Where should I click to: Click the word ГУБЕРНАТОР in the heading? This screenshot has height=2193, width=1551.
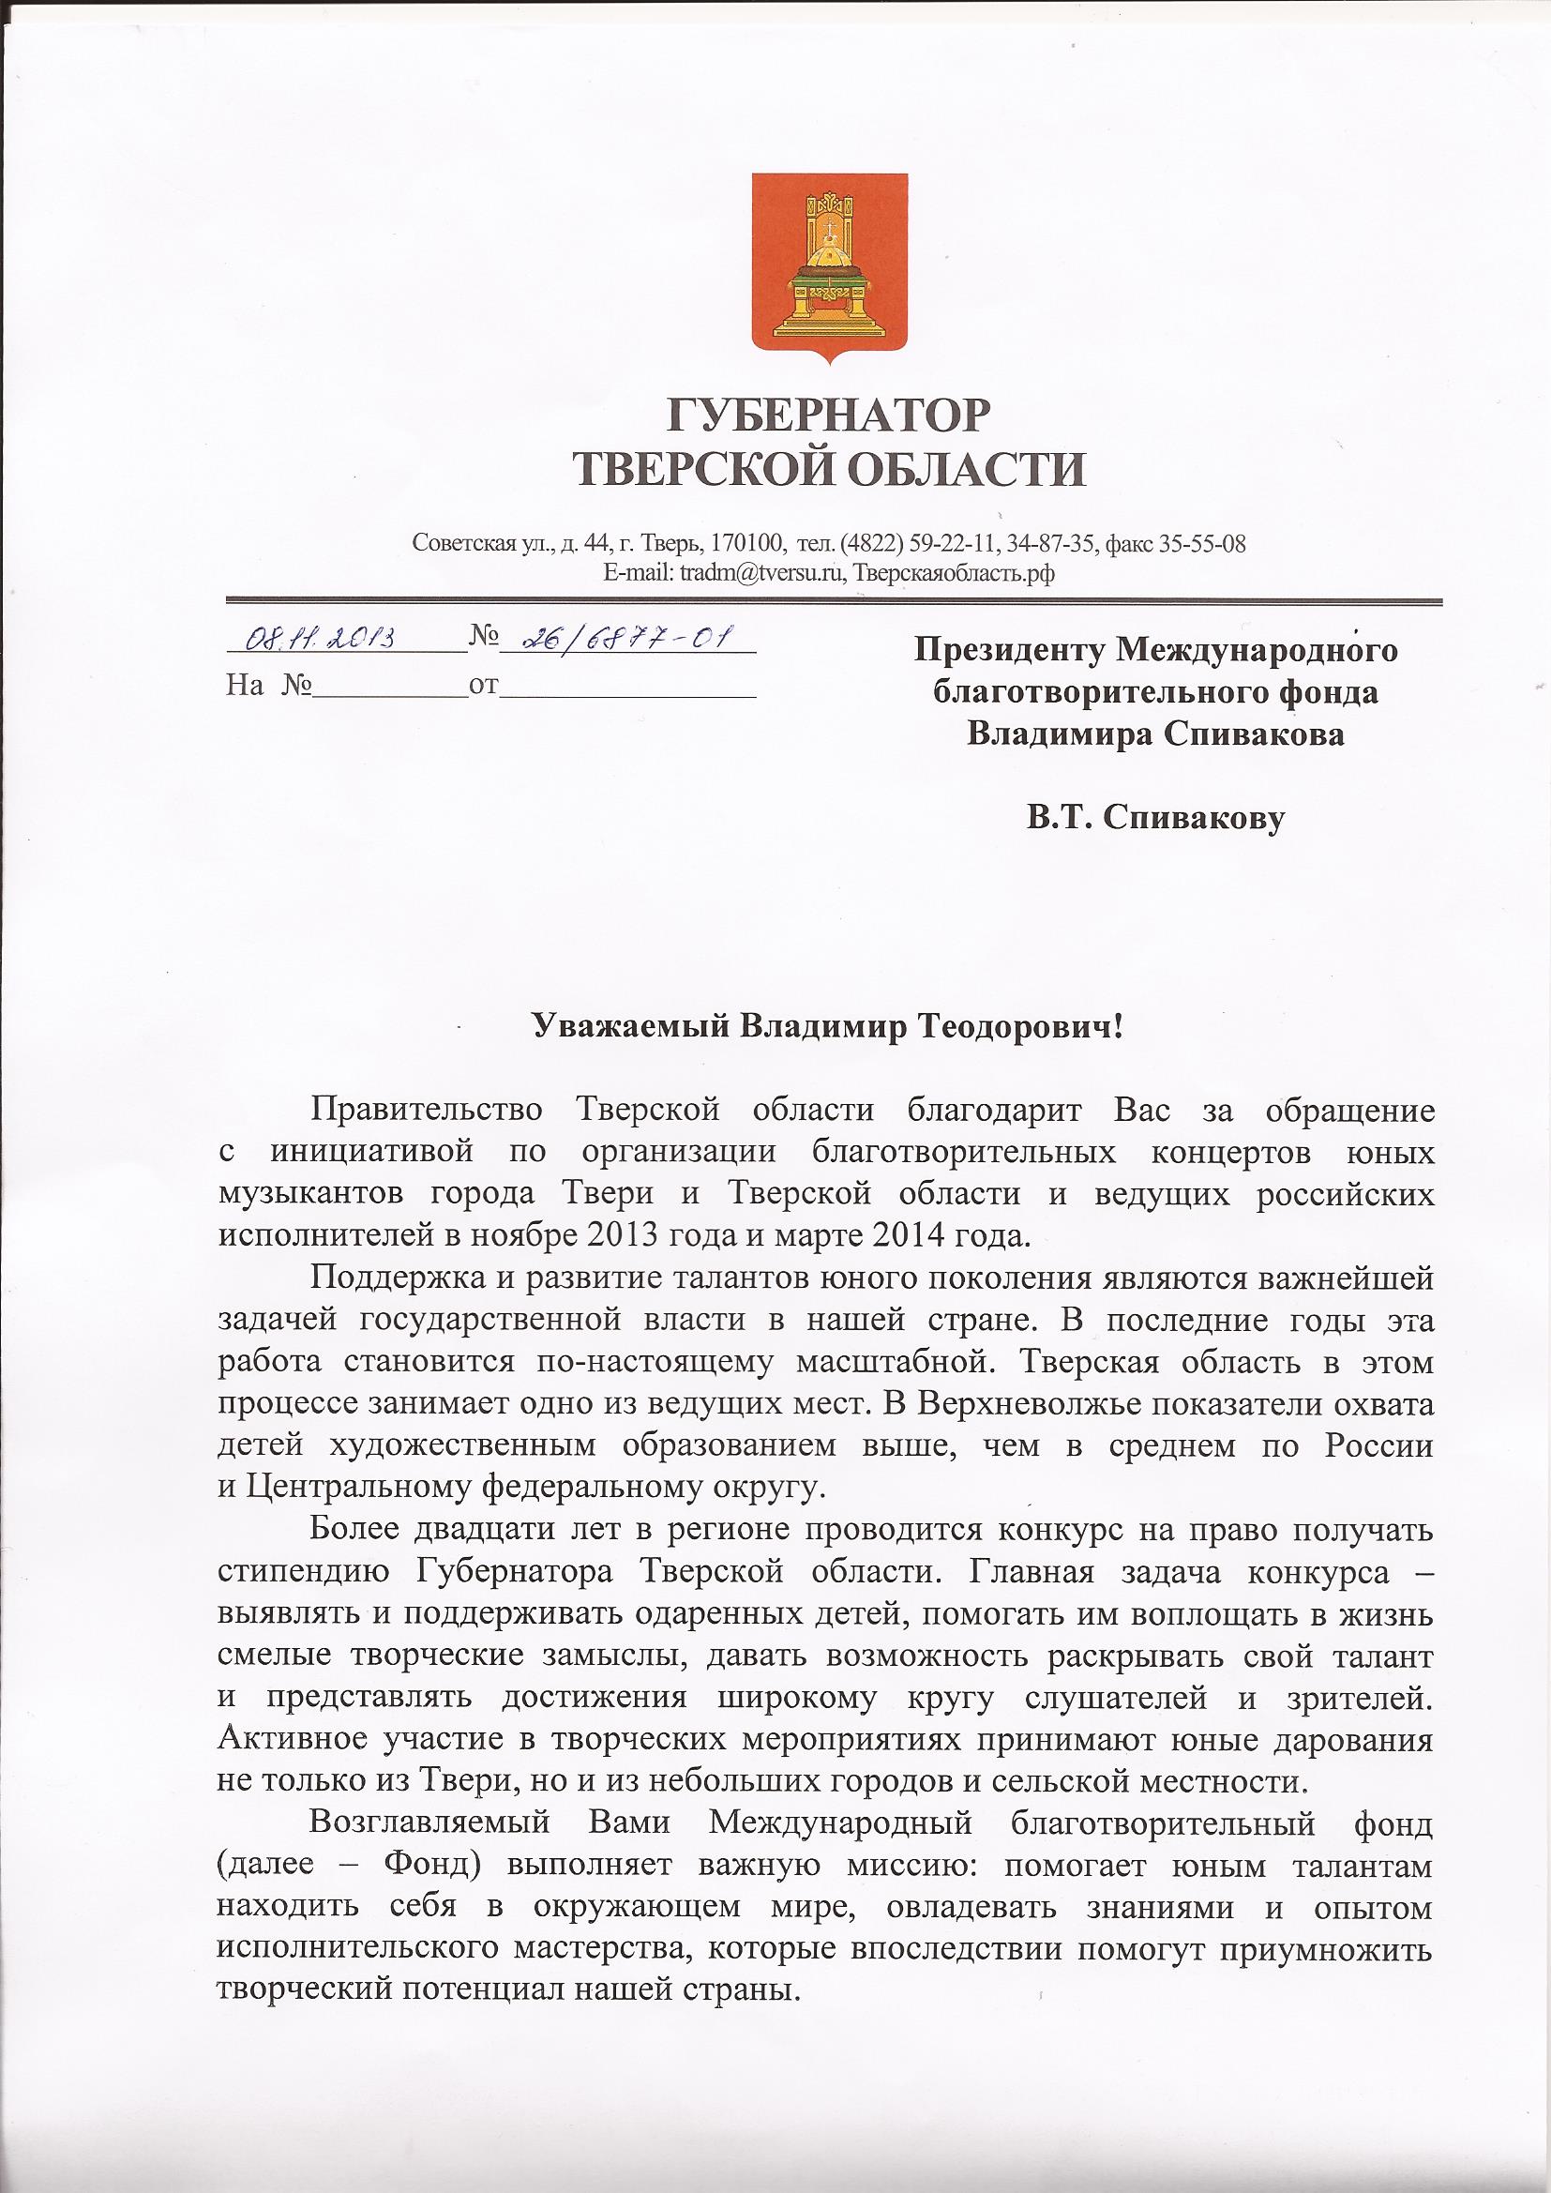828,416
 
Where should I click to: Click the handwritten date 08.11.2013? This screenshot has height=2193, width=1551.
320,637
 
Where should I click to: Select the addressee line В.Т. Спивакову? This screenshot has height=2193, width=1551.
1155,818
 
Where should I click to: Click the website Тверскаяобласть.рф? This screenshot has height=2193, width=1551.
953,573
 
